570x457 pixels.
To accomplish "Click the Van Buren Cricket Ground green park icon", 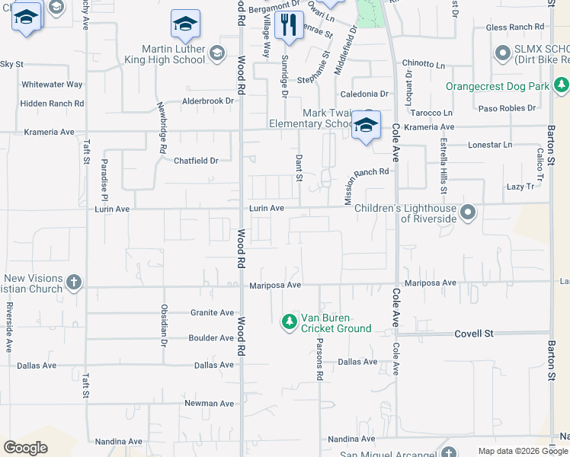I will (x=289, y=322).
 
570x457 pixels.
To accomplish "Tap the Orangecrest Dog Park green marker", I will (x=561, y=85).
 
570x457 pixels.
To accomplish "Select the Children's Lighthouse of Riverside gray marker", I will (x=468, y=213).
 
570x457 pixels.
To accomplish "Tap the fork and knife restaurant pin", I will (x=288, y=25).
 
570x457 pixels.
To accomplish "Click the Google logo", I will (x=26, y=448).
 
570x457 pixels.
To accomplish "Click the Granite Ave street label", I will (x=212, y=312).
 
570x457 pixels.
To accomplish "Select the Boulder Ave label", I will (x=211, y=337).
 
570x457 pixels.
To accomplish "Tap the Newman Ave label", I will (x=209, y=404).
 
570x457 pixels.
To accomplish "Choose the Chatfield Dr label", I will (x=196, y=161).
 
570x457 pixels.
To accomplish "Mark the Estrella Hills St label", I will (x=443, y=165).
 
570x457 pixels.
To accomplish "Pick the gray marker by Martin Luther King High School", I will (x=217, y=53).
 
